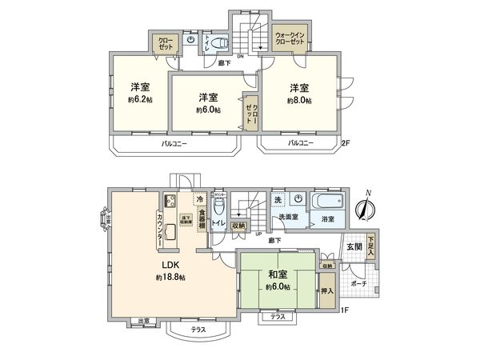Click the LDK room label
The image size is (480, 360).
[170, 265]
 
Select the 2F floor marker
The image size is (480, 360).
[346, 144]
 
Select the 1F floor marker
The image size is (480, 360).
[346, 310]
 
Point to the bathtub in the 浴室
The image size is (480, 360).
[327, 201]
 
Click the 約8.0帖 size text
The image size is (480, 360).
[300, 101]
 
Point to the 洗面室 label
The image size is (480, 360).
[289, 217]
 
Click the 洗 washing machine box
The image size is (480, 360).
[277, 198]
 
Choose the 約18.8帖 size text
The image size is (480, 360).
[170, 277]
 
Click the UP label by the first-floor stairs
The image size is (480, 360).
[258, 234]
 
